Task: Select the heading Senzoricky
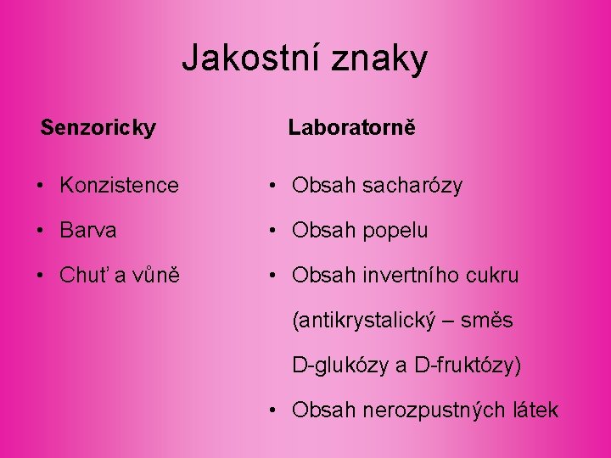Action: click(98, 128)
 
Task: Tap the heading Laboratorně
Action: click(351, 128)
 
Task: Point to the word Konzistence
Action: click(120, 185)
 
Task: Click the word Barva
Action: click(88, 230)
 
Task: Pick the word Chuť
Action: click(83, 276)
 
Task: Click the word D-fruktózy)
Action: click(468, 366)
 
